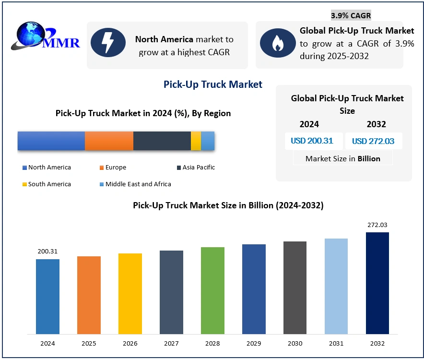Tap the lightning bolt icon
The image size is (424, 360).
pyautogui.click(x=107, y=43)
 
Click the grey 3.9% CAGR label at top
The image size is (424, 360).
pyautogui.click(x=351, y=15)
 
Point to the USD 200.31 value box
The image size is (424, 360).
pyautogui.click(x=312, y=141)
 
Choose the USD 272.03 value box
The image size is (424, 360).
pyautogui.click(x=373, y=141)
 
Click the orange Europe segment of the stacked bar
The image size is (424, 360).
pyautogui.click(x=109, y=141)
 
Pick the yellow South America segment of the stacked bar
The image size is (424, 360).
pyautogui.click(x=196, y=141)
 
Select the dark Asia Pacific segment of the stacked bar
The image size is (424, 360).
pyautogui.click(x=162, y=141)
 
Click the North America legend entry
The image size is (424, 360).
pyautogui.click(x=47, y=168)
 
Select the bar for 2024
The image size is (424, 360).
pyautogui.click(x=47, y=297)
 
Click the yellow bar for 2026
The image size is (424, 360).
pyautogui.click(x=130, y=294)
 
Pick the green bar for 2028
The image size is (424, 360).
pyautogui.click(x=212, y=290)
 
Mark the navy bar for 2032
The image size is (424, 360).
pyautogui.click(x=377, y=283)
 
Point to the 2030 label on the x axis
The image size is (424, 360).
pyautogui.click(x=295, y=344)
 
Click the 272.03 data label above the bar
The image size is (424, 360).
pyautogui.click(x=377, y=225)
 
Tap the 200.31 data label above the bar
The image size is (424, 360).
pyautogui.click(x=47, y=251)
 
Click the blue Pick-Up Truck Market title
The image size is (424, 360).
pyautogui.click(x=213, y=85)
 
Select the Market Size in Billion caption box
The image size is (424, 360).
pyautogui.click(x=342, y=158)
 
